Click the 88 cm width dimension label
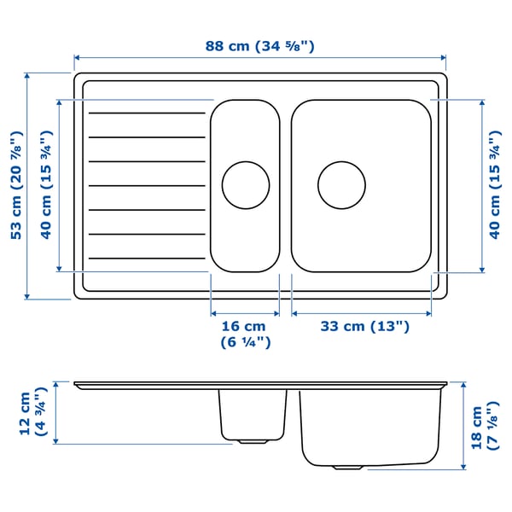[259, 46]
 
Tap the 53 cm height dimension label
[15, 185]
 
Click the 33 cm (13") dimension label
[364, 326]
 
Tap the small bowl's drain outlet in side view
[251, 441]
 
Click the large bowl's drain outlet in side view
[346, 468]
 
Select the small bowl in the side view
[252, 414]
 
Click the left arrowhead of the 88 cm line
[76, 58]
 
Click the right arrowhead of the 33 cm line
[428, 313]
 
